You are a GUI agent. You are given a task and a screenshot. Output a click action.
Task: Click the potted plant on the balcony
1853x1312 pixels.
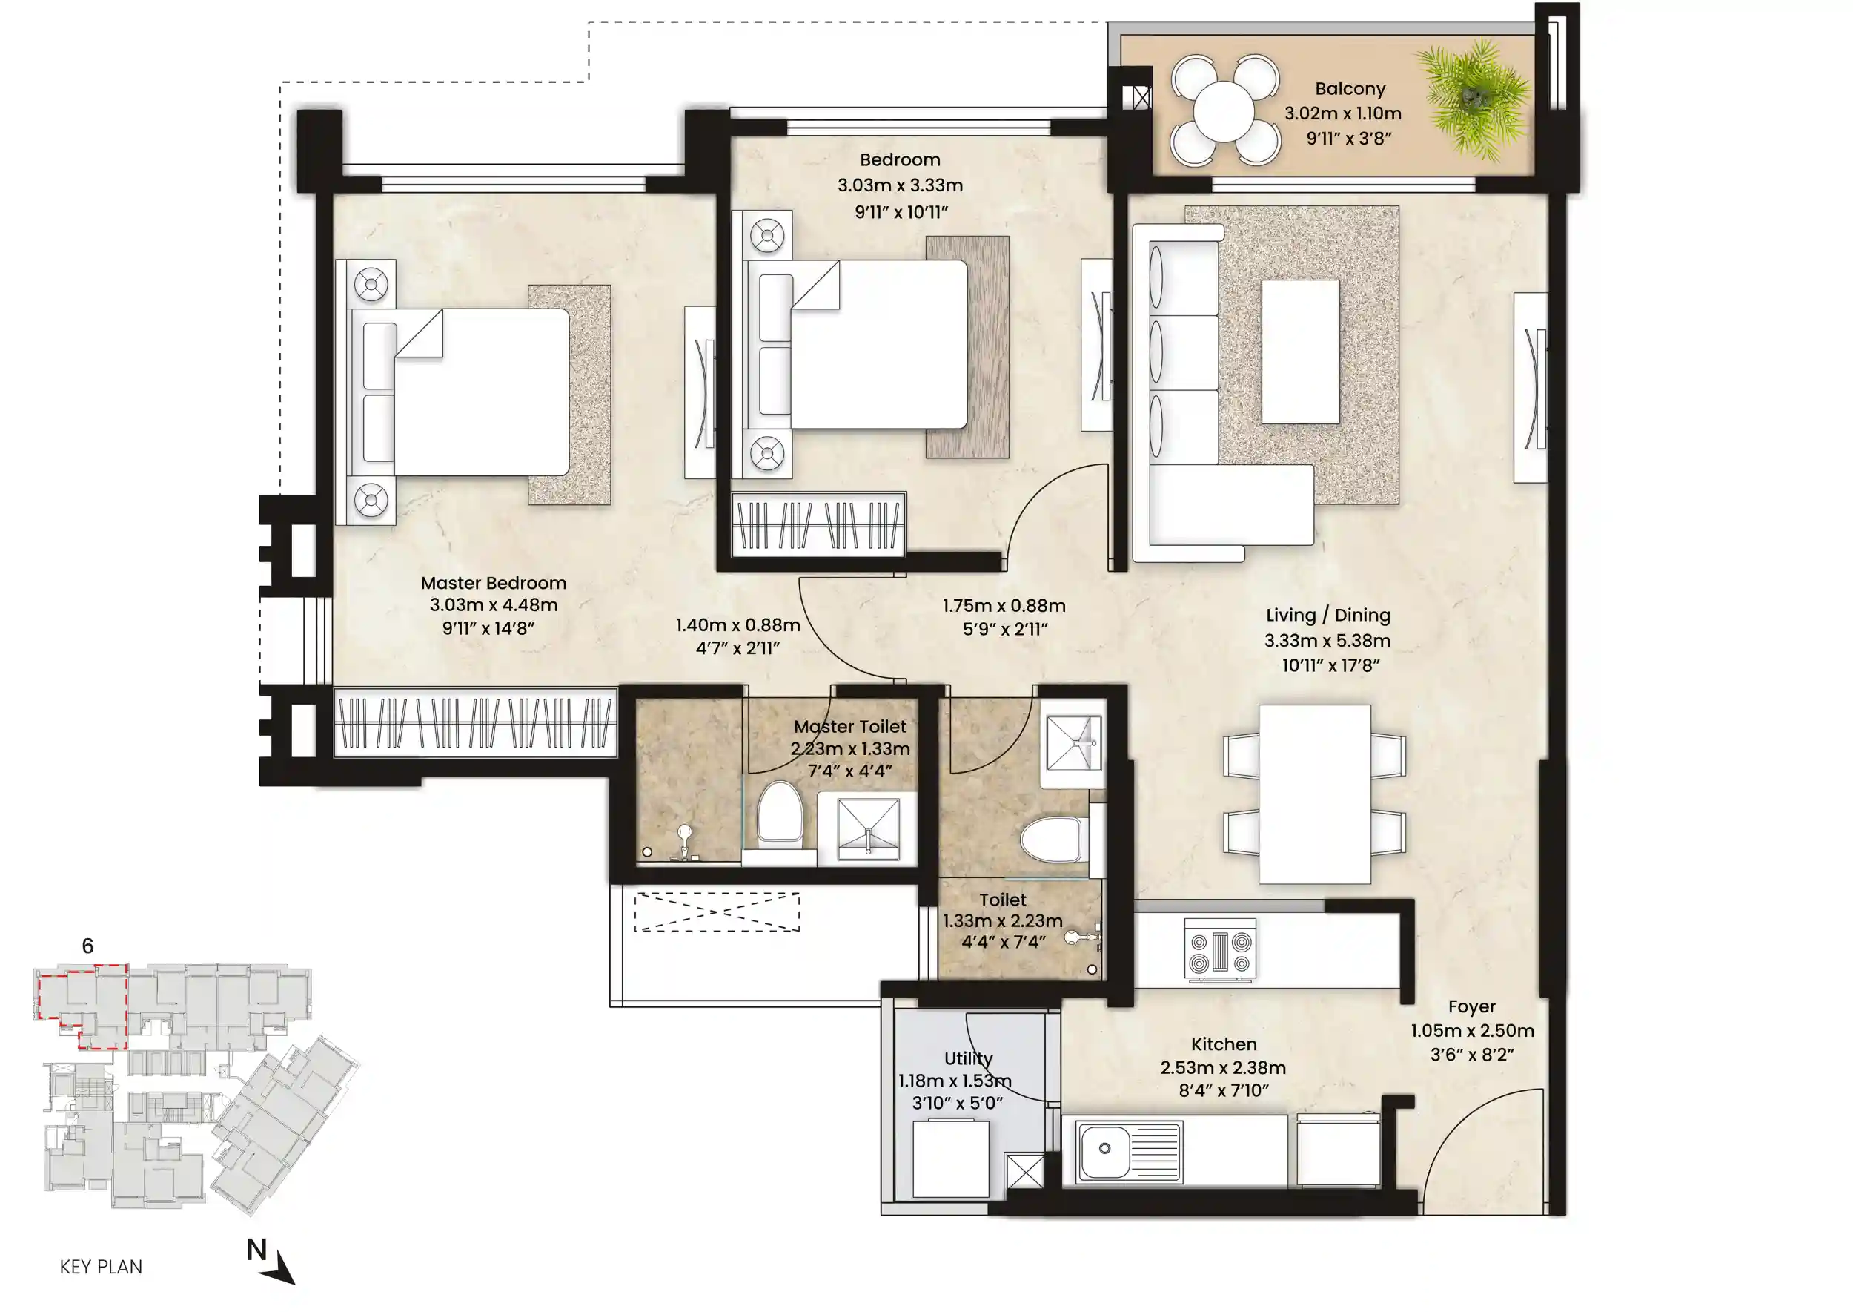click(x=1474, y=99)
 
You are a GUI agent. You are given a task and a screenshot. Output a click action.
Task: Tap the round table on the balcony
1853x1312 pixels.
click(x=1224, y=111)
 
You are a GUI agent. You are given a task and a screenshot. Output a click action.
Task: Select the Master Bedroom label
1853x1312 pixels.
click(x=494, y=582)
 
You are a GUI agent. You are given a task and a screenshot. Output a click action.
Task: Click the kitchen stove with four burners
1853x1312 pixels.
click(x=1220, y=951)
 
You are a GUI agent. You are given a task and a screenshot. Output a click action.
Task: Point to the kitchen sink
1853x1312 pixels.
click(x=1129, y=1150)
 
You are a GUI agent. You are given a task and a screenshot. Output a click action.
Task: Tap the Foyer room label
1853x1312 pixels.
click(x=1472, y=1006)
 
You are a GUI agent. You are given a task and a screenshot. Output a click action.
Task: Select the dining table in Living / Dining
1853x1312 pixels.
click(x=1314, y=794)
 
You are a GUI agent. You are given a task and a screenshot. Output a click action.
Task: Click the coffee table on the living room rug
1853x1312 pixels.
click(x=1300, y=352)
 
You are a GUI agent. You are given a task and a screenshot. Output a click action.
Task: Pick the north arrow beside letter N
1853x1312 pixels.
click(x=279, y=1268)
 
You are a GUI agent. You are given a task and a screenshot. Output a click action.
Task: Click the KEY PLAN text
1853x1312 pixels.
click(x=101, y=1267)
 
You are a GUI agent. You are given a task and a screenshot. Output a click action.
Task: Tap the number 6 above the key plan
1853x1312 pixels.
click(x=88, y=945)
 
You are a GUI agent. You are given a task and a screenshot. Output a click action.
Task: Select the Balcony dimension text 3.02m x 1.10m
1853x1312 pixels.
click(x=1343, y=113)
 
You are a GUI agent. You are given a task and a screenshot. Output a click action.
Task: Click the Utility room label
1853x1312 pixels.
click(x=968, y=1058)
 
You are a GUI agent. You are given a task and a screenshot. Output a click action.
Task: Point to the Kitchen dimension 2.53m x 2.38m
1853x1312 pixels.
click(x=1223, y=1067)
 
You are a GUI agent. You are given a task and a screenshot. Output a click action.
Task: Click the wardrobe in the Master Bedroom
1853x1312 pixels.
click(x=476, y=722)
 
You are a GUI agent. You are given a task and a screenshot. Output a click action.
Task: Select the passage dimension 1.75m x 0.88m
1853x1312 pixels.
click(x=1004, y=605)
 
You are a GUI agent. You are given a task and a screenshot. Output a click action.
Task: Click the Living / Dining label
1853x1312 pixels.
click(x=1328, y=615)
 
